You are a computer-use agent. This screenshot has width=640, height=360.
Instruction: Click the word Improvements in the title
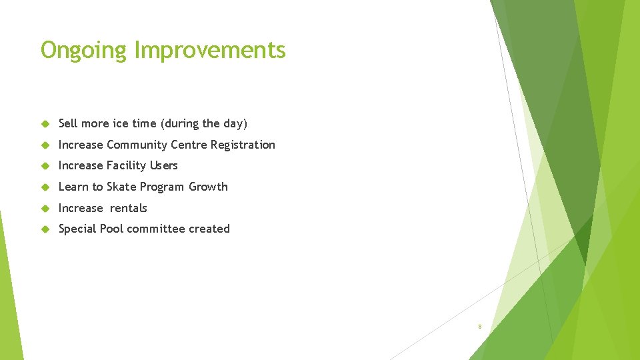click(210, 51)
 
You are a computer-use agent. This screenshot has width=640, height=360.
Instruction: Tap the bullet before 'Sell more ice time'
click(45, 124)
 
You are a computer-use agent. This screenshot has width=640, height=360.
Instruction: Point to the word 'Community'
click(137, 145)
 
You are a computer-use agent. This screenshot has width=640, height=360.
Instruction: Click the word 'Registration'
click(243, 145)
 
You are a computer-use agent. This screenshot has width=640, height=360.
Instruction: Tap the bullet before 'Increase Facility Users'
click(45, 166)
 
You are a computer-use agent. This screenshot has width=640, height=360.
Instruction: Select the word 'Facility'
click(126, 165)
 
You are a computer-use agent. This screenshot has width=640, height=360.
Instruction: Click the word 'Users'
click(164, 165)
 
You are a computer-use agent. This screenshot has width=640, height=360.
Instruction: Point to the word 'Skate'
click(121, 187)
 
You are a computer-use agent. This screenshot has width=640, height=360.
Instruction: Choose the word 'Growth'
click(208, 187)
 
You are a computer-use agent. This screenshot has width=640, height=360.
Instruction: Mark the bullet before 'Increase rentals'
click(45, 209)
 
